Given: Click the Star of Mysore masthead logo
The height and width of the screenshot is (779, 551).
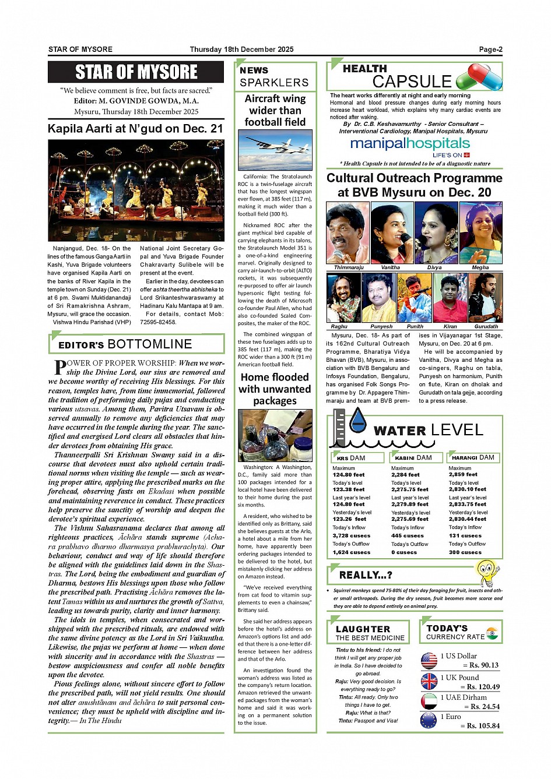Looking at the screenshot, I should [x=136, y=72].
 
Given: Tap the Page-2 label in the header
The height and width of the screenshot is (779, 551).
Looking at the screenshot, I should [x=490, y=50].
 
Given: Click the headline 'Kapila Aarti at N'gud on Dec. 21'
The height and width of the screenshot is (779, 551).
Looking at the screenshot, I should [x=135, y=129].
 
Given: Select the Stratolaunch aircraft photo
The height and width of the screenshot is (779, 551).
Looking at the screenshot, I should [x=275, y=149].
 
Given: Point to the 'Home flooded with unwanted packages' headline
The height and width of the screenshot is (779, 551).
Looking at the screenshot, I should [x=275, y=389].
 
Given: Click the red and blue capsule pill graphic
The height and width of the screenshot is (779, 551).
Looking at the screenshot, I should [x=479, y=77].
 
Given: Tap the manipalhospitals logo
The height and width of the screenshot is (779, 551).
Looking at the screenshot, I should [x=410, y=144].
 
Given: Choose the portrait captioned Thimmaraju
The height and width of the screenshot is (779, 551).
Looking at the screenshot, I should [x=348, y=232].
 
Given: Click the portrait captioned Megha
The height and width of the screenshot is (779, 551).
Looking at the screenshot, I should [x=480, y=232].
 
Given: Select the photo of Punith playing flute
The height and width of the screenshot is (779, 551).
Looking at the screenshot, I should [x=414, y=298].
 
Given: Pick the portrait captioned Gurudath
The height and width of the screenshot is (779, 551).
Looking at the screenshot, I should [x=485, y=298].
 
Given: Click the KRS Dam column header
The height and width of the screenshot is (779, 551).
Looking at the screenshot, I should [x=357, y=458].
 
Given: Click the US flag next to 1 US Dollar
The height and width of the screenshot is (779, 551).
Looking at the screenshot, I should [x=429, y=660].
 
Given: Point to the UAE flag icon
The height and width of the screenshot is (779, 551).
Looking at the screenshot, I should [x=429, y=701].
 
